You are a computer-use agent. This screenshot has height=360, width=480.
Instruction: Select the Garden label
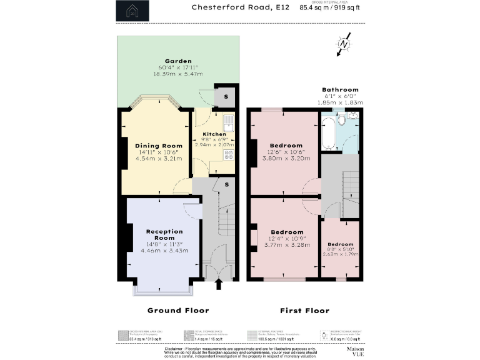[178, 61]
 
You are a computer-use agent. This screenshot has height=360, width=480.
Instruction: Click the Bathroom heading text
[340, 90]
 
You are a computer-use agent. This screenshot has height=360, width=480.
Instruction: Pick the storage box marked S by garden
[226, 97]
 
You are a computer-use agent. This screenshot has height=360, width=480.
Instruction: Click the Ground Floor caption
[177, 311]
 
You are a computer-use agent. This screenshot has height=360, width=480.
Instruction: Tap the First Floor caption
[305, 311]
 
